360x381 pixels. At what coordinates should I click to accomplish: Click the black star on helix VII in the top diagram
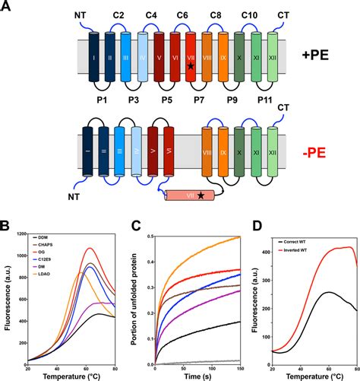[x=191, y=67]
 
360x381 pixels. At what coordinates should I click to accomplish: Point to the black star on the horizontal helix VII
[x=201, y=196]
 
